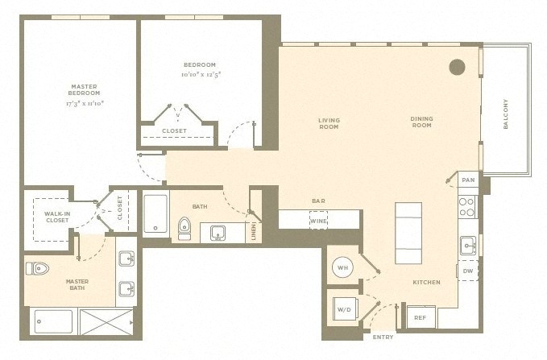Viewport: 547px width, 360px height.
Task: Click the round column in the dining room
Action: [x=457, y=67]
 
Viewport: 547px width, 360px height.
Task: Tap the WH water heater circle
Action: [x=342, y=267]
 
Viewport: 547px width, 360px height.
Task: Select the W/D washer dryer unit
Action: [x=345, y=308]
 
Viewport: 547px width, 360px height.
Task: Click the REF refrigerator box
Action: [x=421, y=317]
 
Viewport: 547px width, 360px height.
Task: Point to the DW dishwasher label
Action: [x=468, y=271]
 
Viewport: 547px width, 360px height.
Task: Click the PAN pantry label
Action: [x=468, y=180]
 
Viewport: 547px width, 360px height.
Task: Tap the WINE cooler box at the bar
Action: [x=318, y=221]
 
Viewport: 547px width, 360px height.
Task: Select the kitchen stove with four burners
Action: [x=467, y=207]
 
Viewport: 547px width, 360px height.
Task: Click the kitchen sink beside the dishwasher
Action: [x=468, y=246]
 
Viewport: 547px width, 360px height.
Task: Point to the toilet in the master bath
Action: [x=37, y=269]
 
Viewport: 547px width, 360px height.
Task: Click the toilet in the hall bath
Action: [x=184, y=229]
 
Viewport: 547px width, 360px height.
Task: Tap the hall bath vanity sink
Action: [x=218, y=233]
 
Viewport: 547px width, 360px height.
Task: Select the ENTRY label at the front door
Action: [x=383, y=337]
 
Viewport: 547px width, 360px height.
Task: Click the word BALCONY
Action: [x=505, y=114]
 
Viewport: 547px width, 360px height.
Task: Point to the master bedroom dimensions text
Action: [x=85, y=103]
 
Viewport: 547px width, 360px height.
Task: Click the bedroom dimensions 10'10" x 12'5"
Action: [x=201, y=74]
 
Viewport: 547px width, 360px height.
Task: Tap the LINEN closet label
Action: [x=254, y=232]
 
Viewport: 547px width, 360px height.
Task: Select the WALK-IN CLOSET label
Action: [x=57, y=217]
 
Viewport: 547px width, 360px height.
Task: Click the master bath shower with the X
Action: [x=106, y=321]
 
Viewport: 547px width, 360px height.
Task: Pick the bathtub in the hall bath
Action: [x=155, y=213]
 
